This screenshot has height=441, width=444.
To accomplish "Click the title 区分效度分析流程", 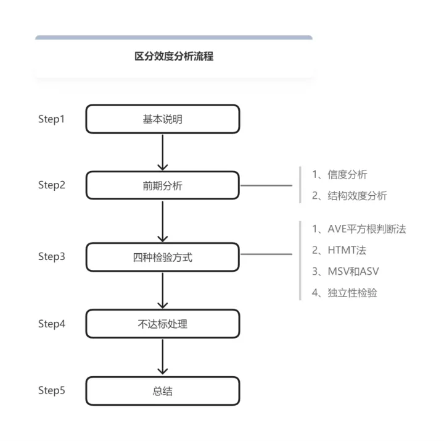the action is coord(174,56).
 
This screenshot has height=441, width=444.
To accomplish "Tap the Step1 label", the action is coord(52,119).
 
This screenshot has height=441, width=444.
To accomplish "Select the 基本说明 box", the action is coord(163,119).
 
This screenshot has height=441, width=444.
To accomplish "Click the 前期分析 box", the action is coord(163,185).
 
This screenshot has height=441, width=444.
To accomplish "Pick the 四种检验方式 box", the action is coord(163,257).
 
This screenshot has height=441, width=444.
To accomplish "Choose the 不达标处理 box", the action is coord(163,324).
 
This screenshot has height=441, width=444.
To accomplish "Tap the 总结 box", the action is coord(163,391).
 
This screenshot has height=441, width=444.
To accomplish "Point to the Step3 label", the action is coord(52,257).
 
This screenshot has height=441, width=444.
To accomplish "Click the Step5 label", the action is coord(52,390).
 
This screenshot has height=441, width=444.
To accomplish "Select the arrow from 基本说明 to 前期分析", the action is coord(163,153).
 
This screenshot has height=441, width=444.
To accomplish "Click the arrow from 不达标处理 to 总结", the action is coord(163,357).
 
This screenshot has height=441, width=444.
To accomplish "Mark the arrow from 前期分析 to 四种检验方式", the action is coord(163,222).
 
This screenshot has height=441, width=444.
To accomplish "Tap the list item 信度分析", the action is coord(340,174).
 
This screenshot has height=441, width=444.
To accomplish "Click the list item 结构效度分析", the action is coord(350,196).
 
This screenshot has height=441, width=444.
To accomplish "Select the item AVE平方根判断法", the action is coord(359,229).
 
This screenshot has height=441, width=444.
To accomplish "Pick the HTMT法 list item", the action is coord(339,250).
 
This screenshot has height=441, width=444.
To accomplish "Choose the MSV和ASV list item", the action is coord(345,271).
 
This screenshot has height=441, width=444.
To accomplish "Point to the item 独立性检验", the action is coord(345,293).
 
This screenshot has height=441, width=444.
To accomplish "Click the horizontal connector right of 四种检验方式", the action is coord(266,254).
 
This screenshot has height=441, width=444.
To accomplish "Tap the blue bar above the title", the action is coord(174,38).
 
